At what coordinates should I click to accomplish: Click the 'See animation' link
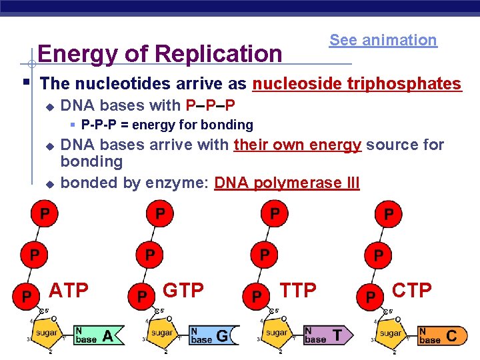pos(383,40)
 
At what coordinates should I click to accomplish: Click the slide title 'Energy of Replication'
pos(160,53)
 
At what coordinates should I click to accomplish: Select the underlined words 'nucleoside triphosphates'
pos(357,84)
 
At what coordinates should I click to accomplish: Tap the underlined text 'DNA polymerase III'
pos(287,183)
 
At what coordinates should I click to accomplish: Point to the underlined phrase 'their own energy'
pos(297,145)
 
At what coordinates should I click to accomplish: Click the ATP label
pos(69,291)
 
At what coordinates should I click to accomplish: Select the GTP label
pos(183,291)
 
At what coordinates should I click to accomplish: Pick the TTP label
pos(298,290)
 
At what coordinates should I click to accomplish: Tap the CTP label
pos(412,290)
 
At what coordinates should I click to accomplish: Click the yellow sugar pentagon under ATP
pos(47,331)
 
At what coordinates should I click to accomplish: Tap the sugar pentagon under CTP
pos(390,331)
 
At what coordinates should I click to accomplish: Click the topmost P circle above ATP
pos(43,214)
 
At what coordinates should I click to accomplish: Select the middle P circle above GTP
pos(151,255)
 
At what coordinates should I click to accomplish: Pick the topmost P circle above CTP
pos(389,215)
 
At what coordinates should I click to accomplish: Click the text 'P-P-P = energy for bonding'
pos(167,125)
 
